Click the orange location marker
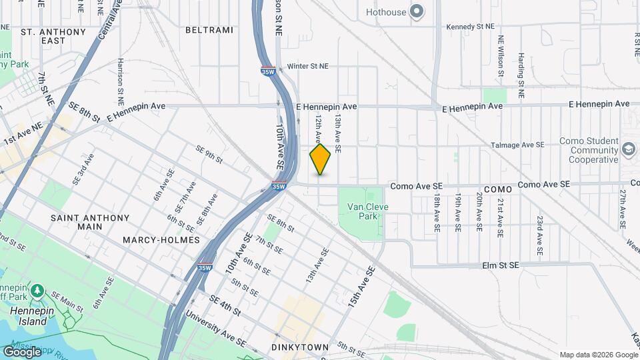(320, 159)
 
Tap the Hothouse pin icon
(417, 11)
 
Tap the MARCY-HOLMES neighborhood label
(161, 239)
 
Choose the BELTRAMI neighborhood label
(209, 30)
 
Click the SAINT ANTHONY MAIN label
(89, 222)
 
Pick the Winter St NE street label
(309, 67)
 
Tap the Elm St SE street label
(500, 265)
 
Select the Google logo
(21, 351)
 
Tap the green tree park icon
(37, 291)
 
